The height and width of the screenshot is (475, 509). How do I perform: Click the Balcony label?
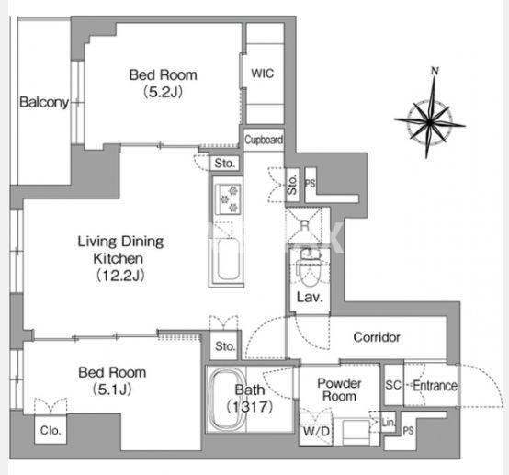pos(44,102)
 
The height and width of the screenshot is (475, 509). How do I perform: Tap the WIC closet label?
pos(263,74)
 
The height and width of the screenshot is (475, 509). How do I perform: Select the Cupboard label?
pos(264,140)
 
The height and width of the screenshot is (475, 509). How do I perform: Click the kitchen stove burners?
pos(229,198)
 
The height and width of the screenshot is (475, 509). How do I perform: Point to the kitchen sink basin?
pos(229,259)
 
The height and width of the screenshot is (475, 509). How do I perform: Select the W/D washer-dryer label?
pos(316,432)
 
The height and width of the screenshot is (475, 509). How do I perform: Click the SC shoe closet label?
pos(393,385)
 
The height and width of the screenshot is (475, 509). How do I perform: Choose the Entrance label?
pos(435,386)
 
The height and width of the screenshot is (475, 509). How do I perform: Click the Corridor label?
pos(377,337)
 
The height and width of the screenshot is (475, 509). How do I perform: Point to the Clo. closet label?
pos(51,431)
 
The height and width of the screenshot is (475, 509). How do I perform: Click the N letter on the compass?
pos(435,71)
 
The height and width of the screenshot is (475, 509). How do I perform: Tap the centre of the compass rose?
pos(430,122)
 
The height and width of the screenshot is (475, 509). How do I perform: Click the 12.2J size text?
pos(120,276)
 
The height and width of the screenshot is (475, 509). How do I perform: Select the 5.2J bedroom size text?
pos(164,92)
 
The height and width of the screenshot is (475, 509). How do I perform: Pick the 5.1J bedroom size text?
pos(112,390)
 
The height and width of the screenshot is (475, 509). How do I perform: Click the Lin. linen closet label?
pos(389,423)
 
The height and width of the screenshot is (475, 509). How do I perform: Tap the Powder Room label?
pos(339,390)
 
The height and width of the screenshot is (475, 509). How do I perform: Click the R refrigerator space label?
pos(304,225)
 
